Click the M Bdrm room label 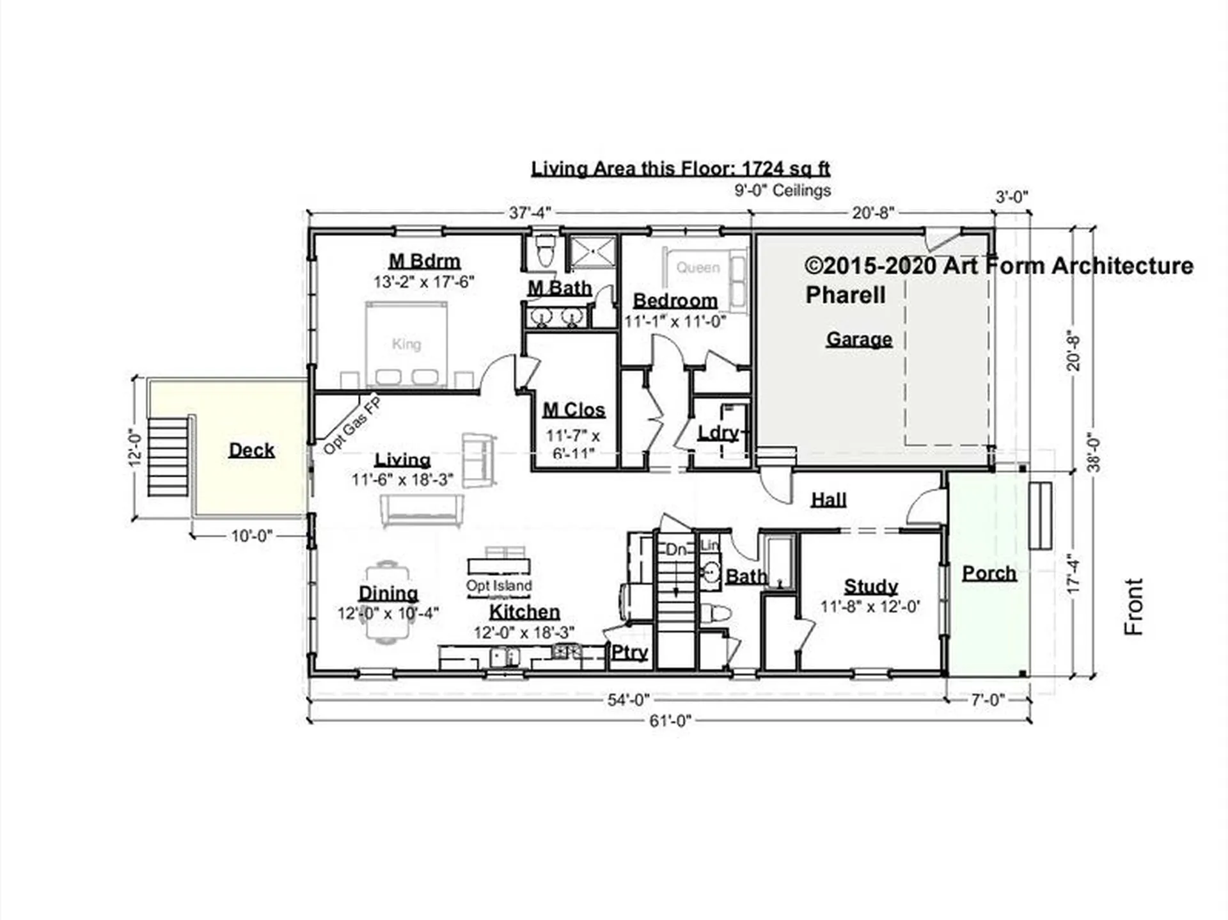pyautogui.click(x=425, y=261)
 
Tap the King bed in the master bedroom pyautogui.click(x=406, y=344)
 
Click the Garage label pyautogui.click(x=859, y=339)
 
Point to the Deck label pyautogui.click(x=251, y=450)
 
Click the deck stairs pyautogui.click(x=168, y=456)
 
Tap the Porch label pyautogui.click(x=989, y=573)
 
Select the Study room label pyautogui.click(x=870, y=586)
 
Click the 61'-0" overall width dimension pyautogui.click(x=670, y=721)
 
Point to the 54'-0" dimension pyautogui.click(x=628, y=700)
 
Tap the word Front pyautogui.click(x=1133, y=607)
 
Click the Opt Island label pyautogui.click(x=499, y=585)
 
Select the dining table pyautogui.click(x=387, y=602)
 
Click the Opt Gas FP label pyautogui.click(x=352, y=426)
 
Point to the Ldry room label pyautogui.click(x=718, y=433)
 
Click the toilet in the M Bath pyautogui.click(x=545, y=250)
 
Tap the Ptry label pyautogui.click(x=630, y=653)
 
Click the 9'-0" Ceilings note pyautogui.click(x=783, y=191)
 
